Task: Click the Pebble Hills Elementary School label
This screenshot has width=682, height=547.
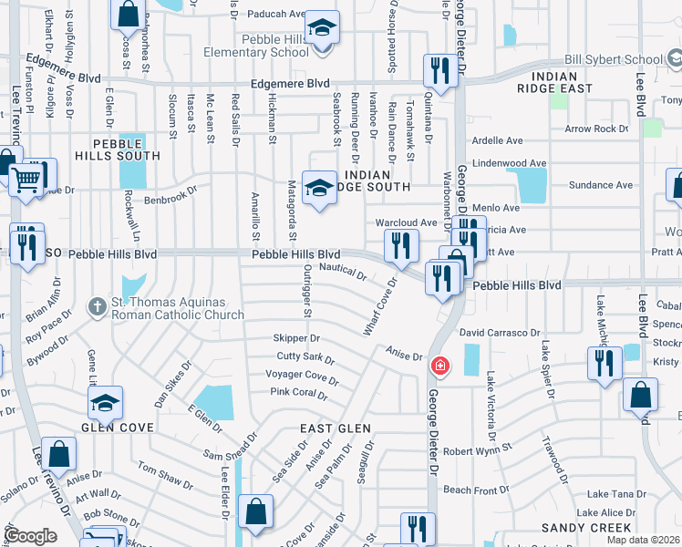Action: coord(275,46)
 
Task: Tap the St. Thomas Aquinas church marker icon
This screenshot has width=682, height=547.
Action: coord(98,307)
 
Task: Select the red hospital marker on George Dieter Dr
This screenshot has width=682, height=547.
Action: coord(440,366)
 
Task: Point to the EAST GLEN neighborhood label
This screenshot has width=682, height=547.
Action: coord(336,428)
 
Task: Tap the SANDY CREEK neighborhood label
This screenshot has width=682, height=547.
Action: coord(586,528)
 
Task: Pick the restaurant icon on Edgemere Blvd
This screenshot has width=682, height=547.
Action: coord(439,70)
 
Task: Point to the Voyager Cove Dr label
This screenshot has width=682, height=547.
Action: coord(301,375)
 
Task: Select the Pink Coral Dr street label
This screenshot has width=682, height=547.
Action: coord(299,393)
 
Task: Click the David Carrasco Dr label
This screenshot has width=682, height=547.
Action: coord(500,335)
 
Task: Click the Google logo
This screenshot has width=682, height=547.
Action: coord(30,536)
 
